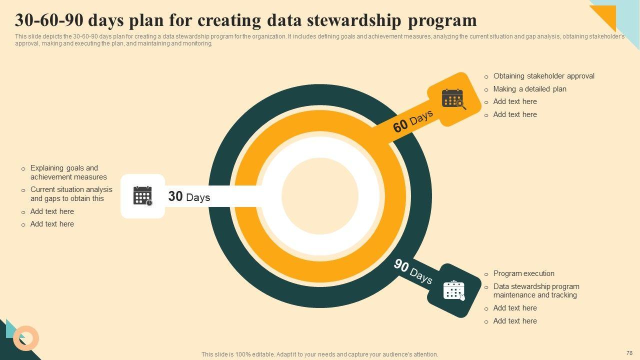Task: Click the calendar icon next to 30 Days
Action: [142, 196]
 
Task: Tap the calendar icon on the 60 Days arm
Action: [453, 98]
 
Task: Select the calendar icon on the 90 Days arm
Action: [454, 290]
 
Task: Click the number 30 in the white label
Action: [175, 196]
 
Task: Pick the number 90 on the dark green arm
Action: [401, 265]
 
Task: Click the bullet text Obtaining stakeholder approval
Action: [543, 76]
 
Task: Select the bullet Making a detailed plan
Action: [529, 89]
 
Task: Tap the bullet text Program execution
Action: [523, 273]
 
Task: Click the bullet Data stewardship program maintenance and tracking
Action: [536, 290]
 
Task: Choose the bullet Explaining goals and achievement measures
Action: [68, 172]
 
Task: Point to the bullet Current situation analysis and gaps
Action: [71, 194]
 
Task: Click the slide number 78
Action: [629, 353]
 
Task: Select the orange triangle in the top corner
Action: [606, 14]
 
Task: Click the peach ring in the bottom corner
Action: [26, 338]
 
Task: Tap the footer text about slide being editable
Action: [319, 354]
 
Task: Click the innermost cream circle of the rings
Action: [320, 196]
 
